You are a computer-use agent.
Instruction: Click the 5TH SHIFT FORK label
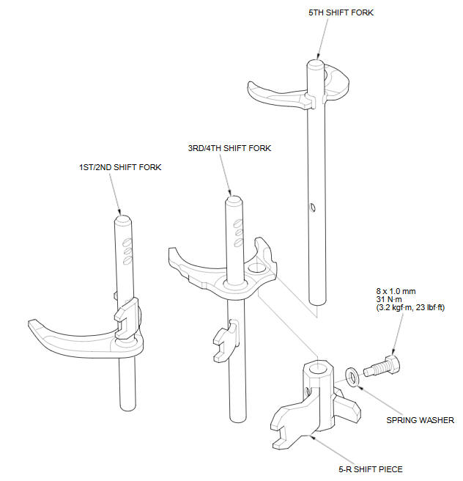point(341,12)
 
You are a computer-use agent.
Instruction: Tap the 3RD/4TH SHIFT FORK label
point(229,148)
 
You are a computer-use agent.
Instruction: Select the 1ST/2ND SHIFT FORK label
point(120,167)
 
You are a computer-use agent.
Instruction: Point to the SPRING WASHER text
point(420,420)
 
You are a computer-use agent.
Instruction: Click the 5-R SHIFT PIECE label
point(371,469)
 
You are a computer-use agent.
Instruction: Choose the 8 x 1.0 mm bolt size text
point(396,291)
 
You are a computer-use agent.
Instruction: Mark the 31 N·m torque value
point(389,299)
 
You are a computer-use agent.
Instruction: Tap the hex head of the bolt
point(392,364)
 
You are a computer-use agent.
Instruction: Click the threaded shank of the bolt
point(374,370)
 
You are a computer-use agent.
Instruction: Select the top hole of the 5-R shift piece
point(318,367)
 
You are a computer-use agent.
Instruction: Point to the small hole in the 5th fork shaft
point(313,208)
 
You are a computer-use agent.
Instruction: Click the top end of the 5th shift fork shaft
point(315,65)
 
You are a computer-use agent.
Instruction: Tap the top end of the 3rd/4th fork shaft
point(234,201)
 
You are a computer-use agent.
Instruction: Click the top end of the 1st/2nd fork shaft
point(124,220)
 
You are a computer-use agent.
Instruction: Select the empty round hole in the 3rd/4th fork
point(257,268)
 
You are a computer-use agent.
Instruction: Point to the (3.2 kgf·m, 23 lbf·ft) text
point(410,307)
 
